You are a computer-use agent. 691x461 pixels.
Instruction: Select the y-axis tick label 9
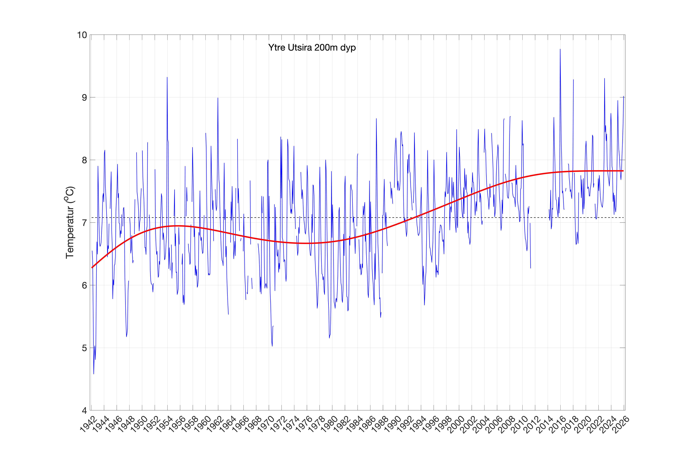coord(84,98)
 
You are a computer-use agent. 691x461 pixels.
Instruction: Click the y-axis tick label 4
coord(84,410)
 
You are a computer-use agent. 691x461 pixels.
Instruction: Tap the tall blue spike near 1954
coord(167,78)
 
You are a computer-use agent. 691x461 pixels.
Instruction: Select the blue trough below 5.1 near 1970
coord(272,346)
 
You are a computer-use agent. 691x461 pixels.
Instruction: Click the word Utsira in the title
coord(300,48)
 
